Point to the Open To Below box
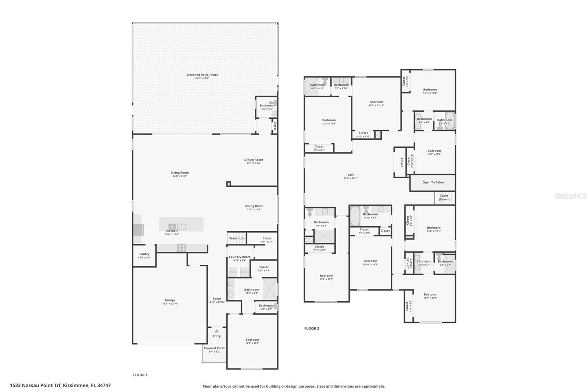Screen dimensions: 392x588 coord(433,182)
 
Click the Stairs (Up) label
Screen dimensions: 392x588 coord(237,238)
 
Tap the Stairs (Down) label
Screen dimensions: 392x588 coord(444,197)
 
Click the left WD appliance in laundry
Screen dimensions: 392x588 coord(233,272)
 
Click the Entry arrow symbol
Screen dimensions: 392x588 coord(216,331)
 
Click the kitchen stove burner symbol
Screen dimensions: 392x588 coord(182,247)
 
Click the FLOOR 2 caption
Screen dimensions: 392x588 coord(312,328)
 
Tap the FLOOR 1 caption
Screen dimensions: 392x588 coord(140,375)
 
